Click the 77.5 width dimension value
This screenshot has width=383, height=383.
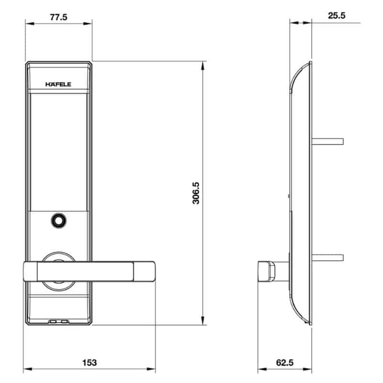[x=58, y=17]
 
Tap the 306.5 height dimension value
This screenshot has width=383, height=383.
[x=196, y=193]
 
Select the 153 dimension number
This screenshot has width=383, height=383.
[x=90, y=362]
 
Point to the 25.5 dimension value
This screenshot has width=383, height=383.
[x=337, y=16]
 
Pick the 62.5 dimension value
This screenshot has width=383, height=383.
[x=284, y=362]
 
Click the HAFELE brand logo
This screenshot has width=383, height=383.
[x=58, y=84]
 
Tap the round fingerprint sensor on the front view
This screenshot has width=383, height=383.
[x=58, y=221]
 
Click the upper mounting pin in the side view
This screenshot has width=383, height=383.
[x=328, y=141]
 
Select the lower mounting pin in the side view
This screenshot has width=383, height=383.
[x=328, y=258]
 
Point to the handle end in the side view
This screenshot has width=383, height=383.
[x=267, y=271]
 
